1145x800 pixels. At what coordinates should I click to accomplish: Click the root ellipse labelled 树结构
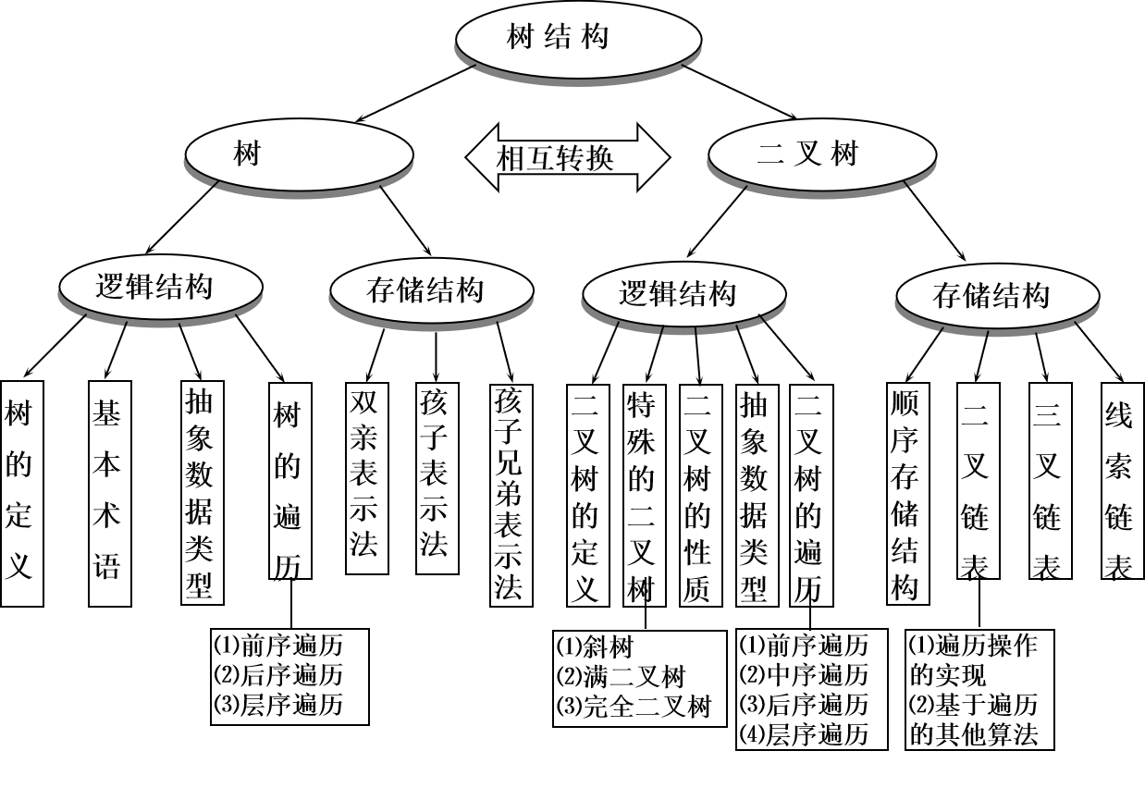click(558, 38)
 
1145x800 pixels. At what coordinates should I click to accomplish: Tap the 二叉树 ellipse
click(807, 154)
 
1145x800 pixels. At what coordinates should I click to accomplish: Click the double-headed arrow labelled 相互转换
click(567, 157)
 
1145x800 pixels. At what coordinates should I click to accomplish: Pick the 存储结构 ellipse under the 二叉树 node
click(992, 296)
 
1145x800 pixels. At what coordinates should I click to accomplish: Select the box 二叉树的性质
click(699, 495)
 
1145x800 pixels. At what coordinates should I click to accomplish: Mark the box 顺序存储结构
click(906, 495)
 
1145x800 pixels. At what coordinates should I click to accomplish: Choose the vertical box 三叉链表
click(1049, 481)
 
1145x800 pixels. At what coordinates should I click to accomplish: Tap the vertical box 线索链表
click(1120, 481)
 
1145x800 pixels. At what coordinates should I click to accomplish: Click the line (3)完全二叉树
click(634, 708)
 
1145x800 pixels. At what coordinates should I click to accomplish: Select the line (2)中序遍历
click(804, 674)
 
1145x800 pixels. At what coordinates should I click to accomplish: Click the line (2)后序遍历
click(277, 673)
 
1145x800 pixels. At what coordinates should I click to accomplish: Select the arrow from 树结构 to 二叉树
click(740, 91)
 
